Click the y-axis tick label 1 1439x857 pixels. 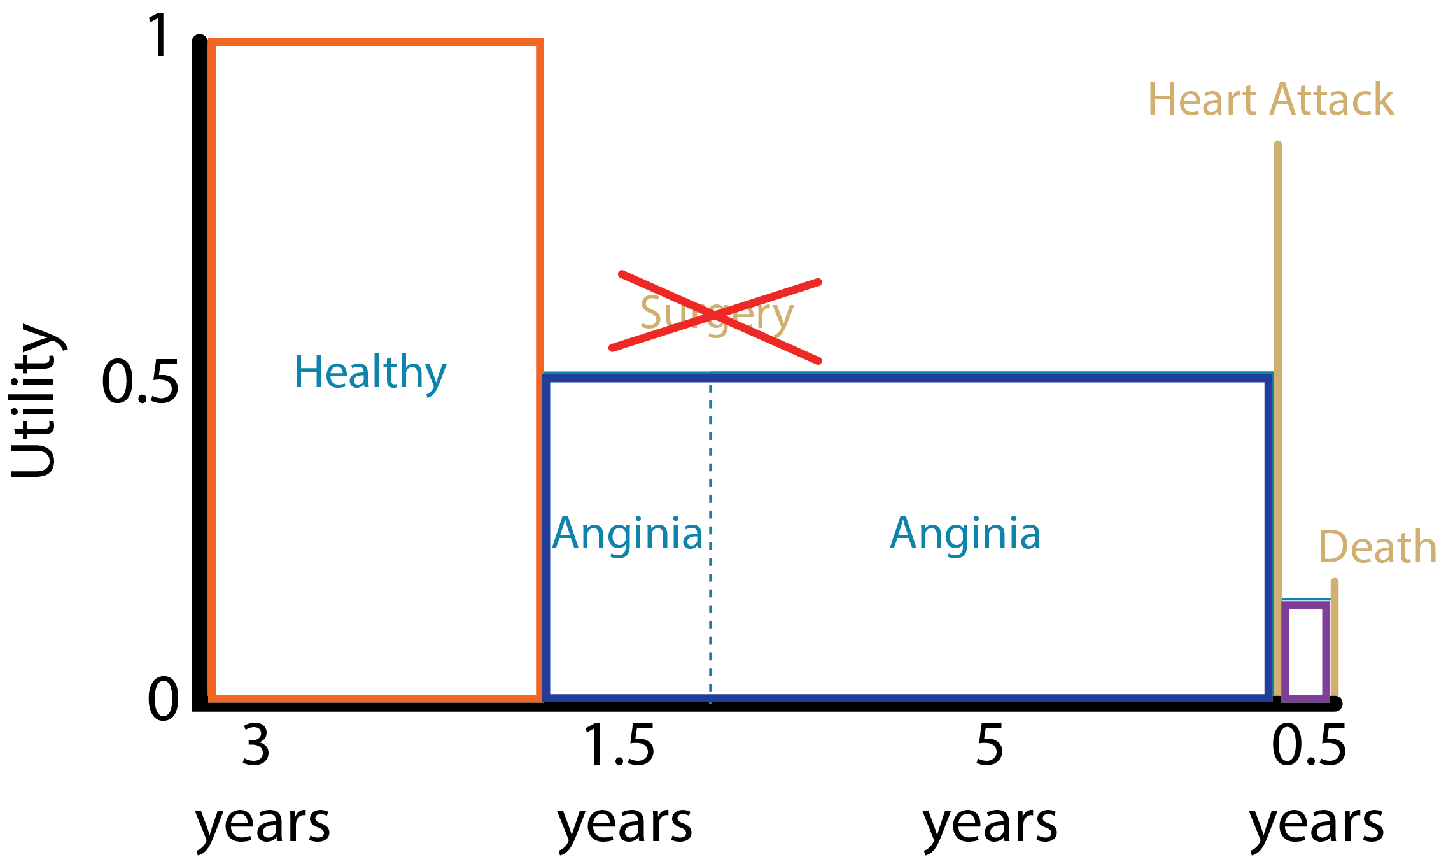[x=158, y=36]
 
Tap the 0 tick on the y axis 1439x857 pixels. [x=163, y=698]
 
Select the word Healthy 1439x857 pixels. [x=370, y=372]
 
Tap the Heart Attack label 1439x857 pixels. [x=1270, y=101]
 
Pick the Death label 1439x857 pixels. [x=1377, y=548]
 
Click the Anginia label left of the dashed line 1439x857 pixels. [x=627, y=534]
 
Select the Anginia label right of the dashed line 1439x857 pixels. [x=965, y=534]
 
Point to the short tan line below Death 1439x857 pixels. [x=1335, y=637]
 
